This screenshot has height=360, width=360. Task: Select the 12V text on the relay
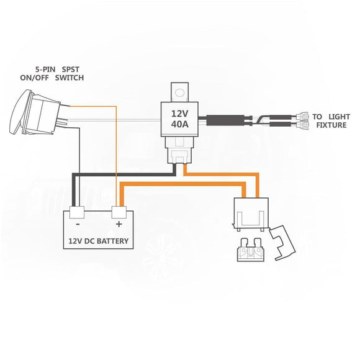(x=179, y=113)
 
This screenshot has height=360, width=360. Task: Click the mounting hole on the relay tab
(x=180, y=93)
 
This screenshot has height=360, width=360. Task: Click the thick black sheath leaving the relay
(x=227, y=119)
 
